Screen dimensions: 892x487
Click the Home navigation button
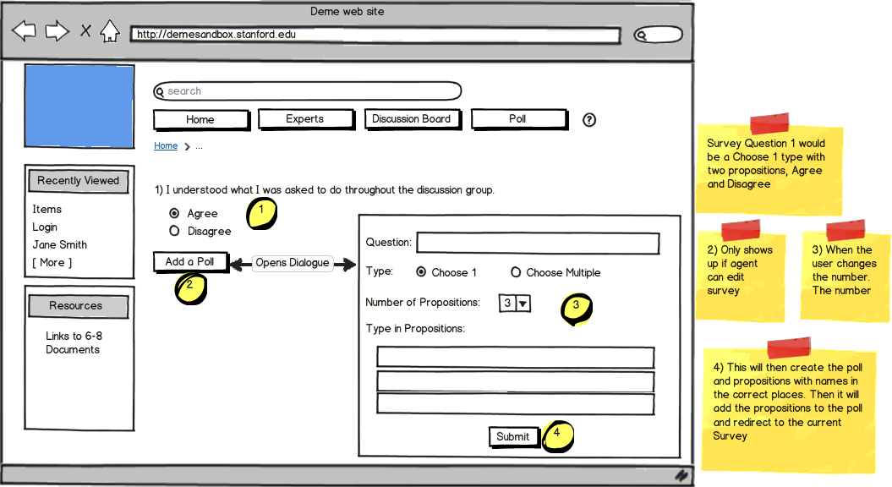pyautogui.click(x=201, y=119)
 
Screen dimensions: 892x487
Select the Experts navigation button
pyautogui.click(x=306, y=119)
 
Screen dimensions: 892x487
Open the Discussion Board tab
pyautogui.click(x=412, y=119)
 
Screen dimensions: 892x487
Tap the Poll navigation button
pyautogui.click(x=519, y=119)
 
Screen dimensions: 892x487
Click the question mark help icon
pyautogui.click(x=589, y=120)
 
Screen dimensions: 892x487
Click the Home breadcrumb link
pyautogui.click(x=166, y=145)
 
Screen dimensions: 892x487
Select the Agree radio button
pyautogui.click(x=174, y=213)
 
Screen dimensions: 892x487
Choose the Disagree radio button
pyautogui.click(x=174, y=231)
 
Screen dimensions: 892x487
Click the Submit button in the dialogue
pyautogui.click(x=514, y=437)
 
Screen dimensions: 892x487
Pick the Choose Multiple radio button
pyautogui.click(x=516, y=272)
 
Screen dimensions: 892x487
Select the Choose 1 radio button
pyautogui.click(x=421, y=272)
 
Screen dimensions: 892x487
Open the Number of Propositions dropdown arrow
pyautogui.click(x=523, y=304)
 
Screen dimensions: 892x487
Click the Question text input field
pyautogui.click(x=538, y=243)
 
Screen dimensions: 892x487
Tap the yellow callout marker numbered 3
pyautogui.click(x=577, y=309)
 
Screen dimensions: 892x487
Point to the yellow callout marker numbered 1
pyautogui.click(x=262, y=214)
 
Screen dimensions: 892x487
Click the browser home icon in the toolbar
pyautogui.click(x=110, y=31)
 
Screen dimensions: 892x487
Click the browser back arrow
pyautogui.click(x=24, y=30)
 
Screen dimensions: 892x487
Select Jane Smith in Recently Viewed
pyautogui.click(x=60, y=244)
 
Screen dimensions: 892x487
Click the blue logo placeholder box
pyautogui.click(x=79, y=107)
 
